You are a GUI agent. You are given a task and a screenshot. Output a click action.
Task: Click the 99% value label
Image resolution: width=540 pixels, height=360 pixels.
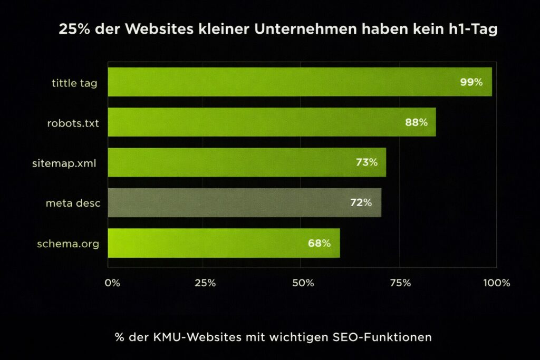coord(471,82)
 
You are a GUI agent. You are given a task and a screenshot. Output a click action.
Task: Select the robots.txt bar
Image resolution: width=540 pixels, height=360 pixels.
coord(272,122)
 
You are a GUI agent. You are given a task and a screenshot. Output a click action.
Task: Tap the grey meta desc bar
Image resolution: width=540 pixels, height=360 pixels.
coord(244,202)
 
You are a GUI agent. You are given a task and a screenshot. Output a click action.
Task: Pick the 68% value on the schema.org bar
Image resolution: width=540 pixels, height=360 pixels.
coord(319,244)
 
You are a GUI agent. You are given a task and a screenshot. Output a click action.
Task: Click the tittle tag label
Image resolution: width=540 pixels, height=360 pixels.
coord(74,83)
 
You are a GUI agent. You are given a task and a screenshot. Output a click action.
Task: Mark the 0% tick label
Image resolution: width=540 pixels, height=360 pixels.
coord(112,283)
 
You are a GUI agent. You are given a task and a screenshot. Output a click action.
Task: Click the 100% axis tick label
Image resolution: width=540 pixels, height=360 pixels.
coord(496,283)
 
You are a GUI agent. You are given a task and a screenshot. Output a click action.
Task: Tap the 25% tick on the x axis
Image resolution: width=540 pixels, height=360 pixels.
coord(205,283)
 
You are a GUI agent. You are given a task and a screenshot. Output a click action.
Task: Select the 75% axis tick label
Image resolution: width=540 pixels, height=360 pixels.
coord(400,283)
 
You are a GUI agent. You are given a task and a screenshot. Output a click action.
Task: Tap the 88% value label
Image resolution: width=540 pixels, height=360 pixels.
coord(416,122)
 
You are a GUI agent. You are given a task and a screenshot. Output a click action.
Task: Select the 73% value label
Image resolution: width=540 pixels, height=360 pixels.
coord(367,163)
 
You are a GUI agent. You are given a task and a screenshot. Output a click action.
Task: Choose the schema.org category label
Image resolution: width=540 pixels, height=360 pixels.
coord(68,244)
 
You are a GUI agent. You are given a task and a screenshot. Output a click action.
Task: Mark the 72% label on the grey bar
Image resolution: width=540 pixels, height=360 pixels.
coord(361,202)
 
